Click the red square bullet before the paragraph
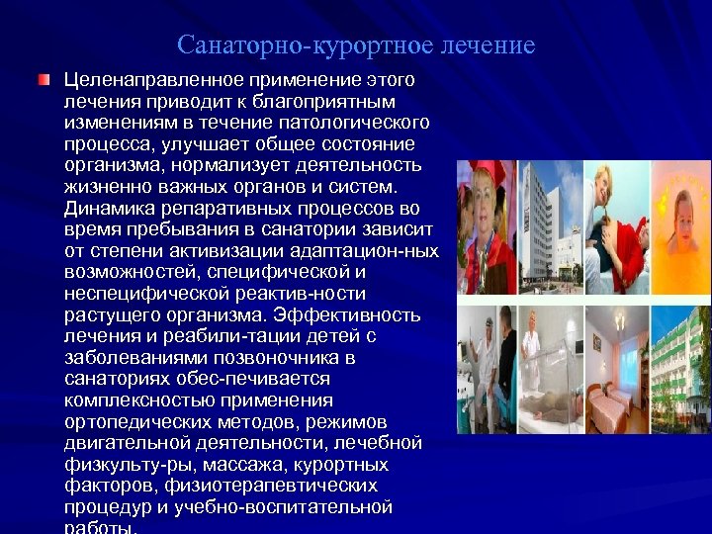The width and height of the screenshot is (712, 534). click(43, 79)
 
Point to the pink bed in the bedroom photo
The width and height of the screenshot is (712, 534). click(614, 406)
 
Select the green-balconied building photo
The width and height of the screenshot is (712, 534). click(680, 371)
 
